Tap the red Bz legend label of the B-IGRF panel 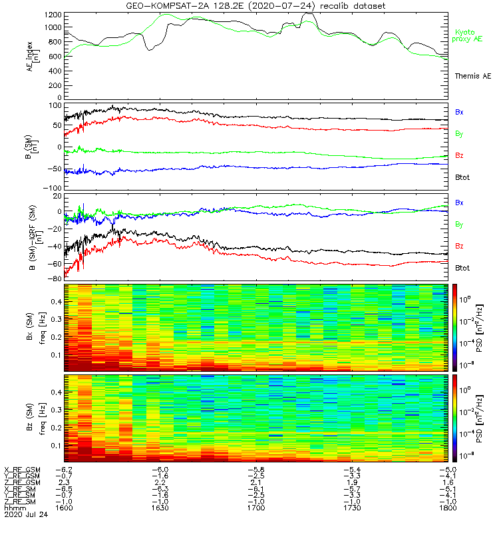tap(459, 246)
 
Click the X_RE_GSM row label tap(22, 470)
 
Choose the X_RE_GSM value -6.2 tap(64, 470)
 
